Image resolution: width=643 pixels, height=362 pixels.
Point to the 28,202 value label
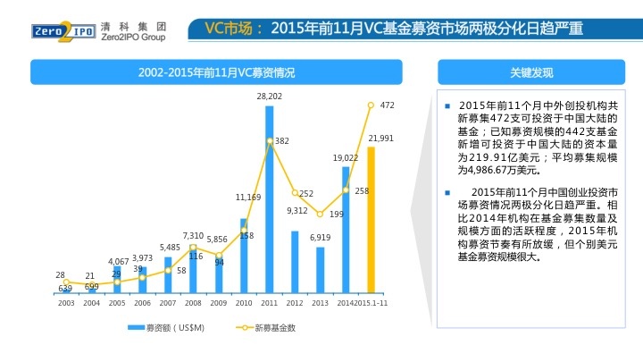269,96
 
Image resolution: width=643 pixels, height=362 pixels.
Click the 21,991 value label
380,139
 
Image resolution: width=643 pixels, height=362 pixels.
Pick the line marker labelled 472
371,105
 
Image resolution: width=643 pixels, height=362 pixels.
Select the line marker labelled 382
269,141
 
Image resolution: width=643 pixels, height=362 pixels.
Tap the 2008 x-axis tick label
193,304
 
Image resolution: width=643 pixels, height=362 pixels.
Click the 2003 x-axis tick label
66,304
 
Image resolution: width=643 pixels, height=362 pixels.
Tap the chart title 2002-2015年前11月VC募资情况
217,72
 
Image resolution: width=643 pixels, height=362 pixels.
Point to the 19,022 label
345,157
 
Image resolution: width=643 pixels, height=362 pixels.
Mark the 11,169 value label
247,197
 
